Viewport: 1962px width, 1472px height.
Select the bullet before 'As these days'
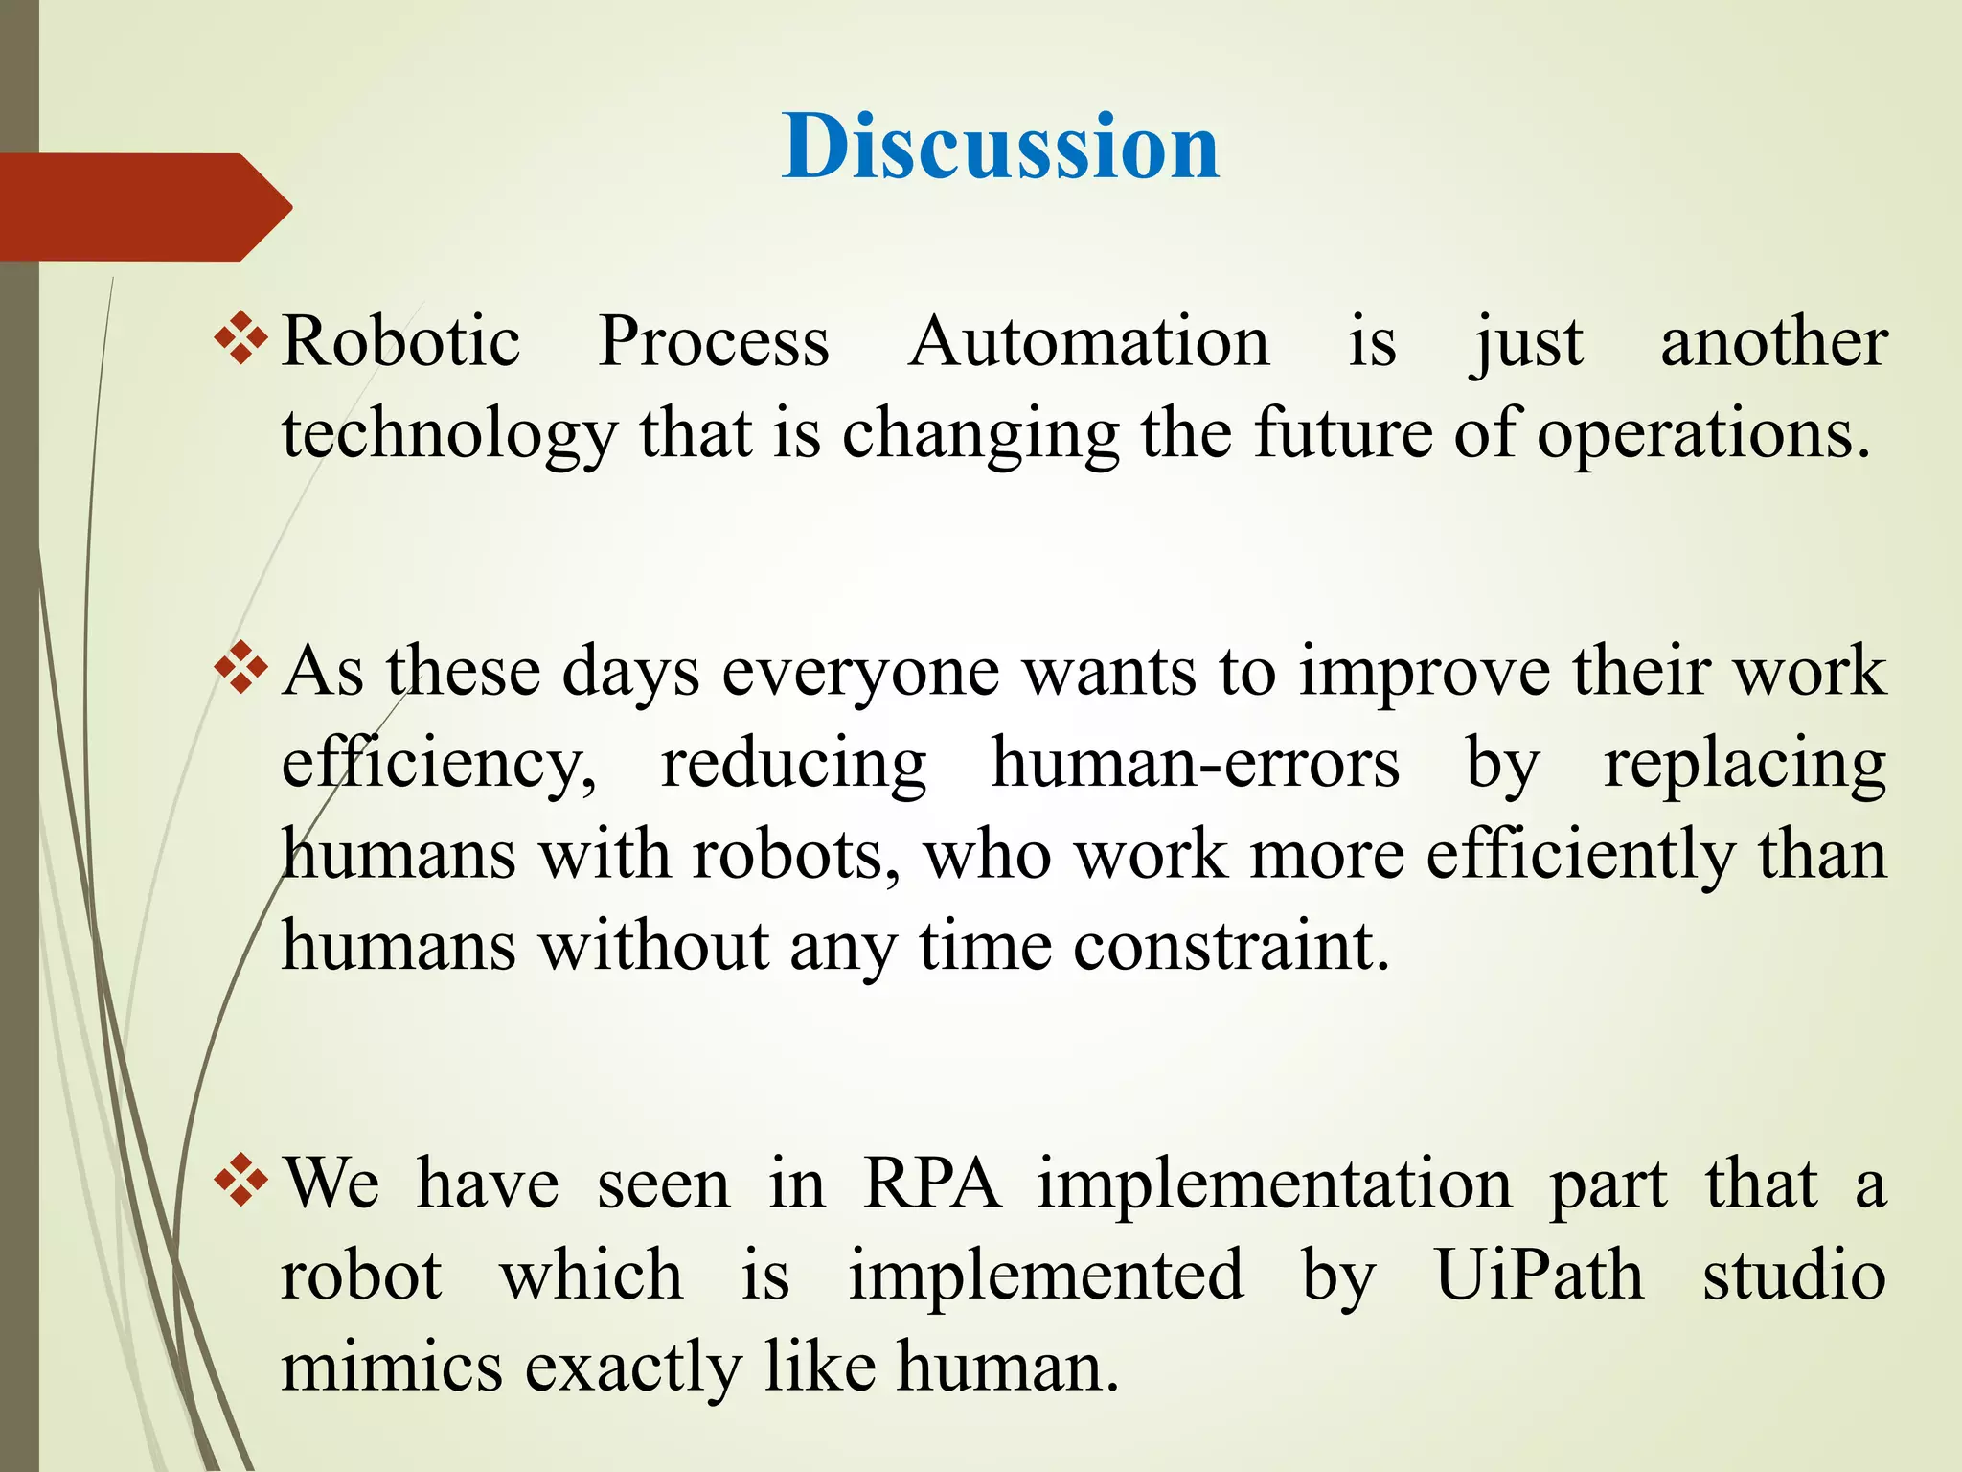pos(240,668)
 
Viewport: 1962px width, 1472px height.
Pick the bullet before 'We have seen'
pos(240,1182)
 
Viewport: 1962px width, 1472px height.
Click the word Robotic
pos(401,342)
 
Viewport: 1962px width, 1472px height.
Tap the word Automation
pos(1089,342)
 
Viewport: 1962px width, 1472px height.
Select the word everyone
pos(860,673)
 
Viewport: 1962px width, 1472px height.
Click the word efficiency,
pos(439,765)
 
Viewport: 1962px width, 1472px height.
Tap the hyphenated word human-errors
pos(1195,763)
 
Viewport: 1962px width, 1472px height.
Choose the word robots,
pos(796,855)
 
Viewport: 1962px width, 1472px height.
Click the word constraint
pos(1230,947)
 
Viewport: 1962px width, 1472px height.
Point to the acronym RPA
pos(931,1184)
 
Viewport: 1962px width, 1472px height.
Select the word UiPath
pos(1539,1276)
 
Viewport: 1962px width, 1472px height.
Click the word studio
pos(1793,1276)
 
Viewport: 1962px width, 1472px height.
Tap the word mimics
pos(391,1367)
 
